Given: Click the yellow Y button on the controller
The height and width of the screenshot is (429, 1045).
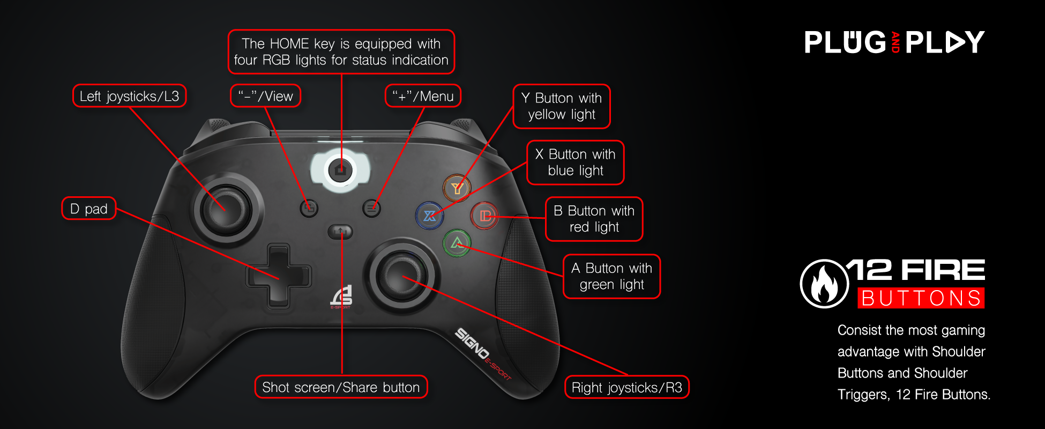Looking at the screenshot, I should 457,188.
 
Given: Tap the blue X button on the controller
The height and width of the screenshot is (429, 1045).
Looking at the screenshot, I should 429,216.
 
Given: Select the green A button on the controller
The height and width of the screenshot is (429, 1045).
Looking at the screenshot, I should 457,243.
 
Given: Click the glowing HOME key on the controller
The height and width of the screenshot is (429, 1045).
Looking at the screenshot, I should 340,170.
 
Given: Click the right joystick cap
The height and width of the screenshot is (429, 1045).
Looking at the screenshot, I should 401,277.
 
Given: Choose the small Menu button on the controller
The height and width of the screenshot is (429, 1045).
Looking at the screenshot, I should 371,208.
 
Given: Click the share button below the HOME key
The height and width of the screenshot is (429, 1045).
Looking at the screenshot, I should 340,232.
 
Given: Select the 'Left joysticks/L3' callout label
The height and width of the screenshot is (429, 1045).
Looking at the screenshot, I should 129,96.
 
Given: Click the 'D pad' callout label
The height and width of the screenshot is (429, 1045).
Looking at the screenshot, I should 89,209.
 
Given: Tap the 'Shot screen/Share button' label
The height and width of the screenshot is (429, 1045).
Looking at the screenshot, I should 341,387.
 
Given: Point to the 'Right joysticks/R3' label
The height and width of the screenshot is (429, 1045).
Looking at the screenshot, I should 626,387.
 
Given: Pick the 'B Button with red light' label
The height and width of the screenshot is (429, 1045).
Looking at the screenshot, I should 594,219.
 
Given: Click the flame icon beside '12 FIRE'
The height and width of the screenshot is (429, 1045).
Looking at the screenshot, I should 824,284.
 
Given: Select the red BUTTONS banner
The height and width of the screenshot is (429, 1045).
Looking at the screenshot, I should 921,298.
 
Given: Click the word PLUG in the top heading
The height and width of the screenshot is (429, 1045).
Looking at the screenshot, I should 845,42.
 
